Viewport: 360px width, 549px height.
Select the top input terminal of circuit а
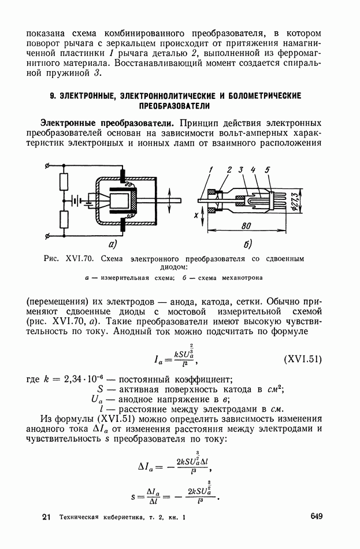pos(46,167)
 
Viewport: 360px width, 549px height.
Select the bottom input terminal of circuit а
pos(46,235)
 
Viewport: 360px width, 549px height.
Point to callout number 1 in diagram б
pos(212,169)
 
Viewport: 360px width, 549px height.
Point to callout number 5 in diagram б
pos(267,169)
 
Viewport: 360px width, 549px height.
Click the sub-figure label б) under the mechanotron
pos(247,244)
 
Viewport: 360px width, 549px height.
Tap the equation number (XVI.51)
pos(302,359)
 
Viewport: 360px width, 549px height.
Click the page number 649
pos(316,517)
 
